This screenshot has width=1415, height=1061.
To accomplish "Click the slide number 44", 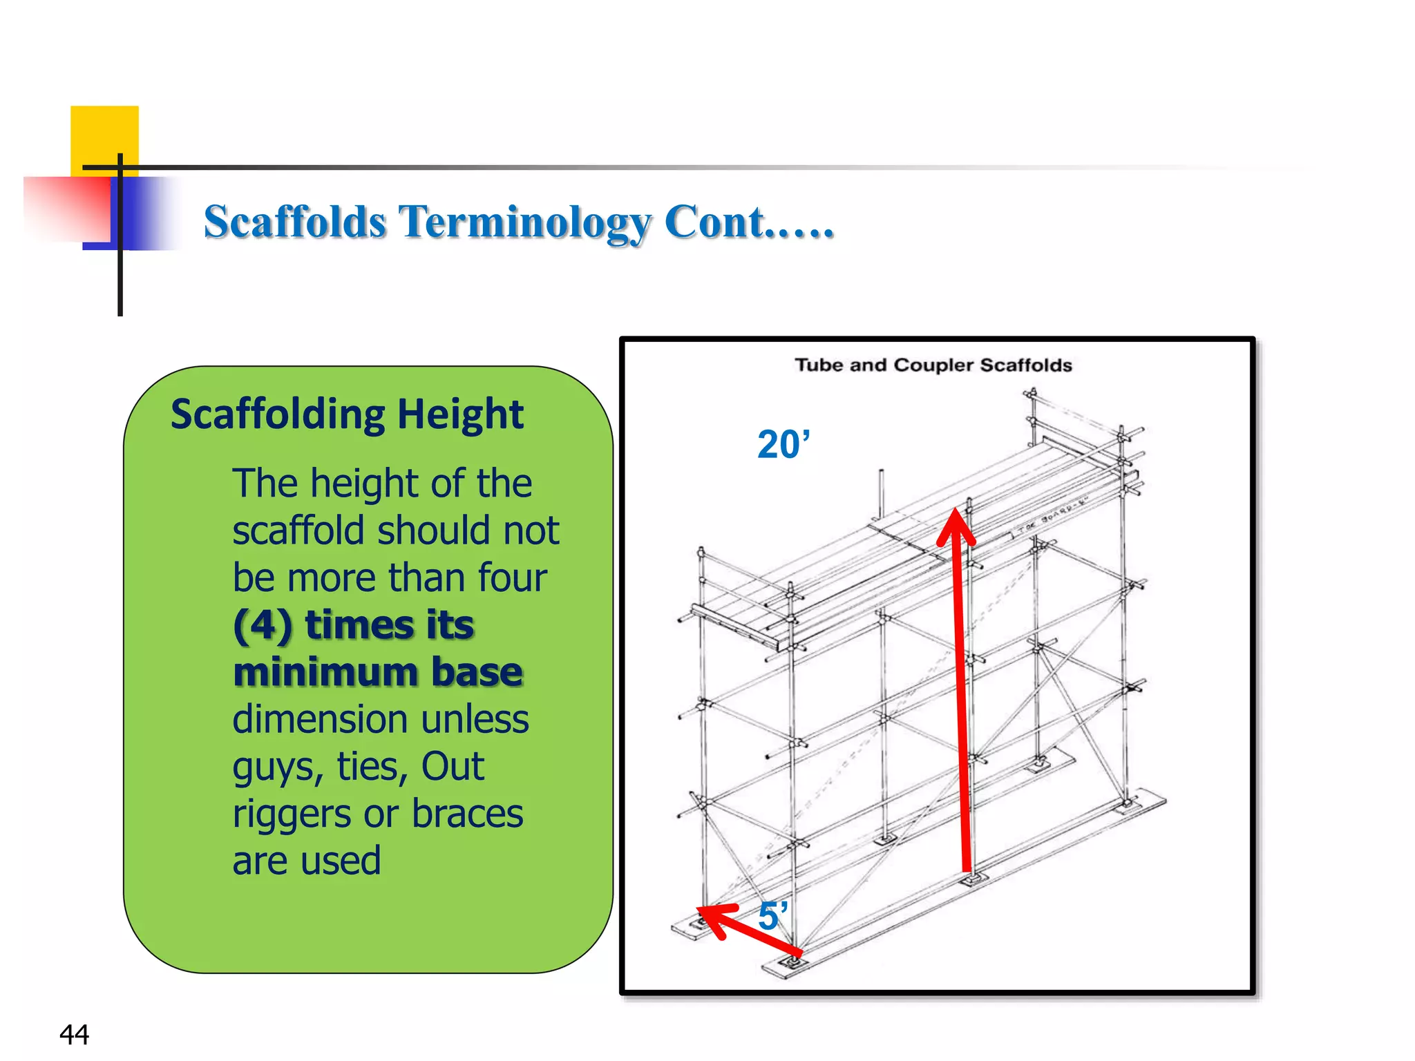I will pos(74,1034).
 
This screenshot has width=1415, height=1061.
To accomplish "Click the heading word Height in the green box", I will pos(460,414).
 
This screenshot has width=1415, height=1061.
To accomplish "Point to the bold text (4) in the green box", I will pos(263,625).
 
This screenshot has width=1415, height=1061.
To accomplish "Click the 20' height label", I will pos(784,444).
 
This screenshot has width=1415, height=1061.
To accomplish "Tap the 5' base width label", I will pos(772,917).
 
